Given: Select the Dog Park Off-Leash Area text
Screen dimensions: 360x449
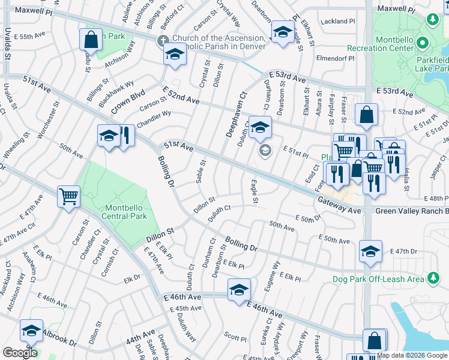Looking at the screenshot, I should coord(378,279).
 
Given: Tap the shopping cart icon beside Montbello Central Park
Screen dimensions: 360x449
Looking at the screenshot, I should coord(68,195).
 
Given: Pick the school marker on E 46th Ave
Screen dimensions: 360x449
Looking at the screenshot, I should coord(239,290).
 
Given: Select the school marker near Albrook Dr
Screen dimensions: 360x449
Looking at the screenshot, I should coord(31,329).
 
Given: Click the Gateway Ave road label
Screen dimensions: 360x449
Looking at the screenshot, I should coord(339,205).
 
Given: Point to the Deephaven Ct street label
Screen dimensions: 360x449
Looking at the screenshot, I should coord(237,115).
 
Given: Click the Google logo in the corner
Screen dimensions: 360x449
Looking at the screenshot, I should coord(20,352).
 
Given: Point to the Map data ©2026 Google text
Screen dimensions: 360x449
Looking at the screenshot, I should coord(411,355).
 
